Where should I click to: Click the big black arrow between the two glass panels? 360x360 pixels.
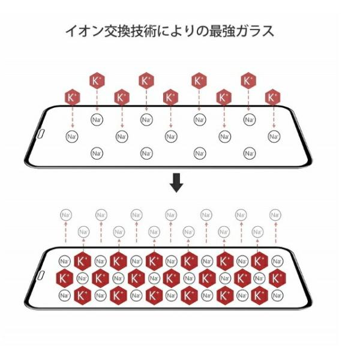tap(176, 183)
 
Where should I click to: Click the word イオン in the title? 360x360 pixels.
tap(84, 31)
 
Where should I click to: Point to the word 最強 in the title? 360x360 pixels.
tap(222, 31)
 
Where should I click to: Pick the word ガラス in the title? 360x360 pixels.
tap(255, 31)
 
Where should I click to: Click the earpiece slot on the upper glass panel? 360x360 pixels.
tap(41, 134)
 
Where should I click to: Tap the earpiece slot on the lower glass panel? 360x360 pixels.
tap(41, 275)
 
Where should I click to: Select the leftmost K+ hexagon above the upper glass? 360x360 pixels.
tap(73, 97)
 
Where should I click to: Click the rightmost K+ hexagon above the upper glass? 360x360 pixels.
tap(272, 97)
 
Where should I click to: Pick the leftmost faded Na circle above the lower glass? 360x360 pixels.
tap(66, 215)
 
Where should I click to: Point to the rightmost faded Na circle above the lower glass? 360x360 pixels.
tap(275, 215)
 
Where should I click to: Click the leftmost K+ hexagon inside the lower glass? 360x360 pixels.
tap(65, 278)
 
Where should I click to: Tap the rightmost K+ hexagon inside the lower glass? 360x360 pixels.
tap(277, 278)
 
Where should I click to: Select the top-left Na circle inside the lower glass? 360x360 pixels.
tap(65, 261)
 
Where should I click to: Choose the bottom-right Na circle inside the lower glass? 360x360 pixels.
tap(277, 295)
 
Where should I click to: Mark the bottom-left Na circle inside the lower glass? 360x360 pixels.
tap(65, 295)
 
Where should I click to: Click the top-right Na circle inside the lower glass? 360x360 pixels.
tap(277, 261)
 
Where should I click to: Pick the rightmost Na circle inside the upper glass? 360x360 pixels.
tap(274, 137)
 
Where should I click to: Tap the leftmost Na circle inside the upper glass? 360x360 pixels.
tap(72, 137)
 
